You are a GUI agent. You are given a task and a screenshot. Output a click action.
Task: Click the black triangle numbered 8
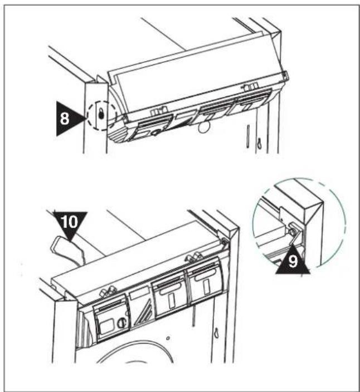coord(67,119)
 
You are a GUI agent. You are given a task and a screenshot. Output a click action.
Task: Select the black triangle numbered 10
coord(70,223)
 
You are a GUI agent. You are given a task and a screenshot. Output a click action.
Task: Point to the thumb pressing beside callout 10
coord(68,251)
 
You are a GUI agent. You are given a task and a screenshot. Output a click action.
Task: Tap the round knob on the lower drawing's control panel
coord(121,322)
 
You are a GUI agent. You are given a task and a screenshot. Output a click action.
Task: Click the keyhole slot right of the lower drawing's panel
coord(216,332)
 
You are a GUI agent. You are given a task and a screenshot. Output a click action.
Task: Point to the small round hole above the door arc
coord(168,338)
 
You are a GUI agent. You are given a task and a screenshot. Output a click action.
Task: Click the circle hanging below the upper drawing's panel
coord(203,128)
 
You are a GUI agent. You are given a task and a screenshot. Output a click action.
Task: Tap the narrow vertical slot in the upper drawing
coord(247,137)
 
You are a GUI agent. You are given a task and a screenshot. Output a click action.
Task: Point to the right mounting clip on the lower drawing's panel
coord(193,257)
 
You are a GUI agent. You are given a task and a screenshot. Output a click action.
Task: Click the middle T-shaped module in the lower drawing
coord(169,296)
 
